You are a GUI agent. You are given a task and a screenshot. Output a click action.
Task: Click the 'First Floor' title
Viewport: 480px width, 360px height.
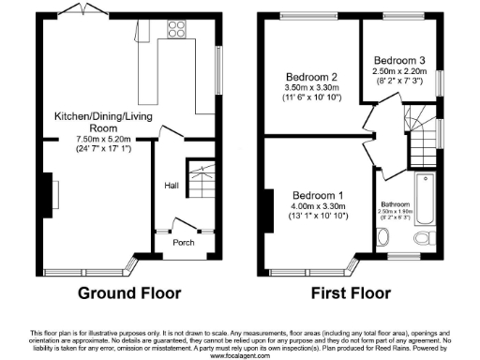(x=352, y=293)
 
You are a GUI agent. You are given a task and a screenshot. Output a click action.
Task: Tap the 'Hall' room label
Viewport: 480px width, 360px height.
(x=172, y=185)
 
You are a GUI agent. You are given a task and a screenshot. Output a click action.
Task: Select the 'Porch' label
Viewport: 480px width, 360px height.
(x=184, y=243)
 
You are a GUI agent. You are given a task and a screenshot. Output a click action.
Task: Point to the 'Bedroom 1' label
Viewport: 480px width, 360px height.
(x=318, y=195)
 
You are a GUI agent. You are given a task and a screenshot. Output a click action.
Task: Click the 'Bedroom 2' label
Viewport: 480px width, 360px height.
(x=310, y=78)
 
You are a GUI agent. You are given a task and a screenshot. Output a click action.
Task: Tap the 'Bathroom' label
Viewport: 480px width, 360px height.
(x=395, y=203)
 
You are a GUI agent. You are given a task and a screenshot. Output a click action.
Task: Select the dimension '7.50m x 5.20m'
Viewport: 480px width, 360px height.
(x=95, y=140)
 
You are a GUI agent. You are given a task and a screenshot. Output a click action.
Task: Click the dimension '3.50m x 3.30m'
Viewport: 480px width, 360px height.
(x=310, y=88)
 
